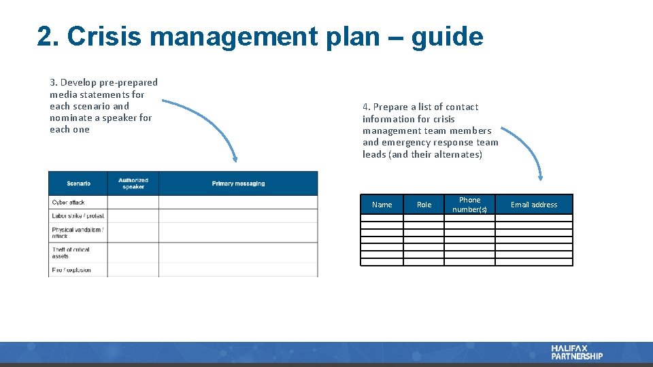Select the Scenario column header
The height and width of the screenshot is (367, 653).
click(x=78, y=183)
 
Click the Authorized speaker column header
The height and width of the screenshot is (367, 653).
click(x=133, y=183)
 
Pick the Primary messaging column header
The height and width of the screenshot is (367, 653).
click(x=238, y=183)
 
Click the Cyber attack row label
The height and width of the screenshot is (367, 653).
click(x=68, y=203)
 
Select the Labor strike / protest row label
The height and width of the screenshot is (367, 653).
click(x=78, y=215)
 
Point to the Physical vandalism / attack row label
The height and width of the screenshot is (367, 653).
click(x=77, y=232)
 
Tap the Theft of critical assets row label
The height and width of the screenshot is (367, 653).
click(x=71, y=253)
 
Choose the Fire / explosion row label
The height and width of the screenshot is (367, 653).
click(x=71, y=270)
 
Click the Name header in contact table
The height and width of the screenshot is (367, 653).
click(x=382, y=205)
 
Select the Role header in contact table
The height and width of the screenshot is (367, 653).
click(x=424, y=205)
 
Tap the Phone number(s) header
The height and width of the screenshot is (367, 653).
click(x=469, y=205)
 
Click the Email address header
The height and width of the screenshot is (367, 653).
click(x=533, y=205)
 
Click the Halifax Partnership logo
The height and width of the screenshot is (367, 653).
click(x=577, y=352)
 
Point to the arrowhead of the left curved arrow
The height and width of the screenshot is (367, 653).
click(x=235, y=159)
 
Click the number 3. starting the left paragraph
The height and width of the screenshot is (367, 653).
click(x=53, y=82)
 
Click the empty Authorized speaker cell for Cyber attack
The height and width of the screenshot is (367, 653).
click(x=133, y=203)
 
